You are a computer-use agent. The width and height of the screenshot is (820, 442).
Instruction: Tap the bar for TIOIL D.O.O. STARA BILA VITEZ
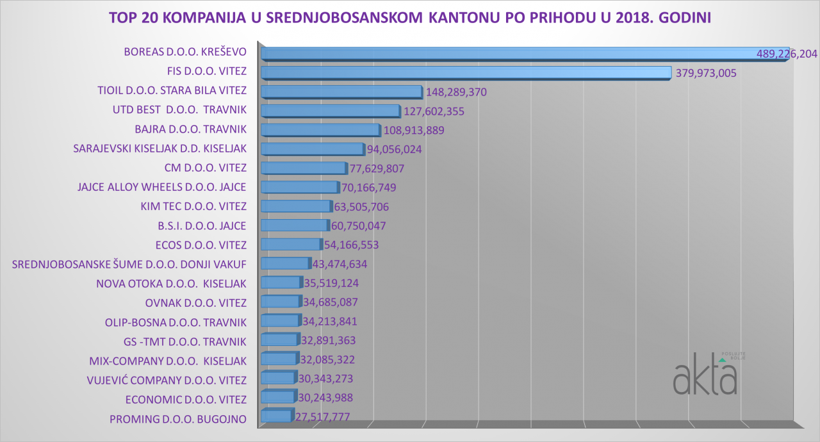coord(341,92)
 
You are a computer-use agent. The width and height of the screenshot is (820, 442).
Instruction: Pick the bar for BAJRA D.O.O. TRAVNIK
coord(320,131)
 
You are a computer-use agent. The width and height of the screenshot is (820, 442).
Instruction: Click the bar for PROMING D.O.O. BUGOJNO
coord(276,417)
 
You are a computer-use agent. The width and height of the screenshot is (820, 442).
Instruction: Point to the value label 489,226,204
coord(787,54)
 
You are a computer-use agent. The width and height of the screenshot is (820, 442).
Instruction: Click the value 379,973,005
coord(706,73)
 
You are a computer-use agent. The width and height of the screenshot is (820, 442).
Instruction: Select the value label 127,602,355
coord(434,111)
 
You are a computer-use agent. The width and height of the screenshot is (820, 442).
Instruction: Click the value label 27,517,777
coord(324,417)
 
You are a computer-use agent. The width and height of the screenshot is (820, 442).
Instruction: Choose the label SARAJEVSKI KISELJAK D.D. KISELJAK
coord(160,149)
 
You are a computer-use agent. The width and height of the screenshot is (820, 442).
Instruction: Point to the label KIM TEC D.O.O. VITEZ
coord(193,206)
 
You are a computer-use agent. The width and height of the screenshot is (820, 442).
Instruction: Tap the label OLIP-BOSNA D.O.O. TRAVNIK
coord(176,322)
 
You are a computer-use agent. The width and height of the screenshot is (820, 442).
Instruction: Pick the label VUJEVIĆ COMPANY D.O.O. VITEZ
coord(167,379)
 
